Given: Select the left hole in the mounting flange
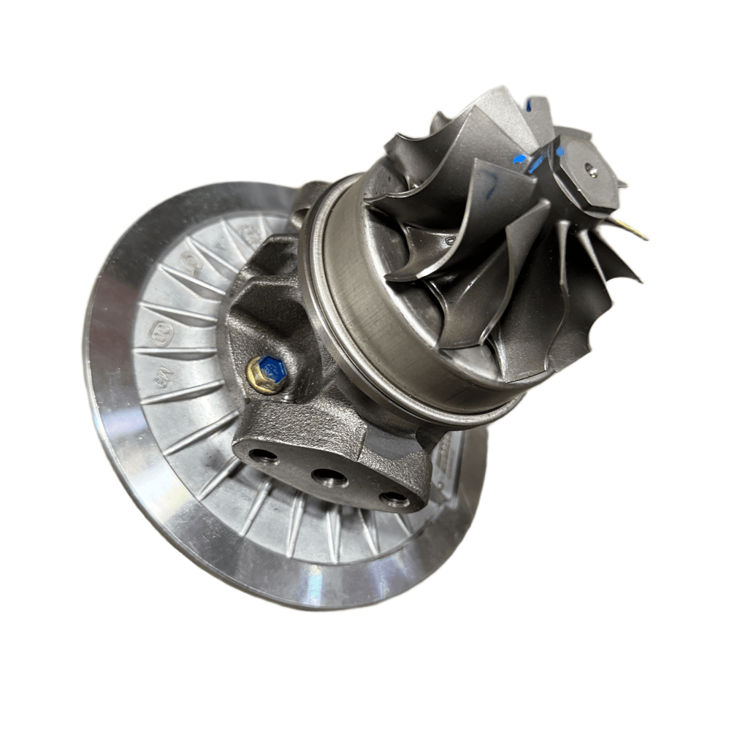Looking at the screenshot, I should point(262,457).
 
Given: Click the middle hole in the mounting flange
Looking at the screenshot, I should point(329,478).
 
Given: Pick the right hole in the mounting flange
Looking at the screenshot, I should point(394,499).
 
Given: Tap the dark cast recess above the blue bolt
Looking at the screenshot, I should point(252,307).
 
